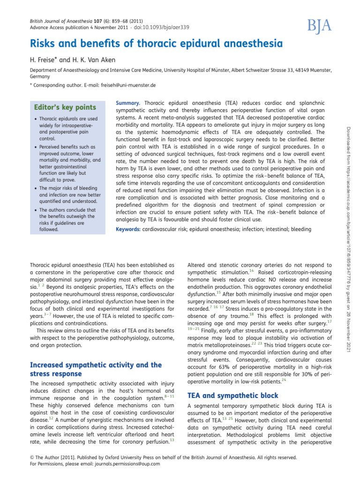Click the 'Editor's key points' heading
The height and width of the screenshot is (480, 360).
(x=62, y=107)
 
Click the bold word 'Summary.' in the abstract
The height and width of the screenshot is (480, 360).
(x=127, y=103)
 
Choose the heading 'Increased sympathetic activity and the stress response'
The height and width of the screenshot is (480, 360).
(x=96, y=369)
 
